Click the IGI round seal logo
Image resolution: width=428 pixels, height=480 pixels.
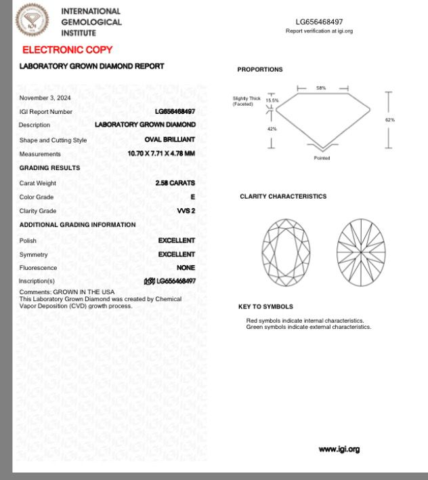click(33, 20)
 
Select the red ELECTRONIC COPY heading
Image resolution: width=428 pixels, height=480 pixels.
click(67, 49)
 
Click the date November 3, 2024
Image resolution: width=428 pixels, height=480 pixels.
click(45, 98)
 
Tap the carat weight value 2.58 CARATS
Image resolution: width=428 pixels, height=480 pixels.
click(175, 183)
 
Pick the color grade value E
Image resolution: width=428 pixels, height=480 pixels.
click(192, 197)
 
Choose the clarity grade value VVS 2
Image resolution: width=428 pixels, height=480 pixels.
click(186, 211)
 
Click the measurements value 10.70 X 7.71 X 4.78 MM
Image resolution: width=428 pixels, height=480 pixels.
click(161, 154)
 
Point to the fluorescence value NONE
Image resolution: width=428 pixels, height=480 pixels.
click(186, 268)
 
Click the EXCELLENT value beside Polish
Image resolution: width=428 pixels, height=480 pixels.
click(176, 241)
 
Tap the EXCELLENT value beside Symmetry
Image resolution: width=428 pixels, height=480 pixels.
click(176, 254)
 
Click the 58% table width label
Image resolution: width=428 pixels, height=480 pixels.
click(321, 88)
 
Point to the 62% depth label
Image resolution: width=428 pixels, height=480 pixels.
click(390, 120)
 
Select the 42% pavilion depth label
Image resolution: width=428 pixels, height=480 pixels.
click(272, 129)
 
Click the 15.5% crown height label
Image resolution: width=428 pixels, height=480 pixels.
click(272, 100)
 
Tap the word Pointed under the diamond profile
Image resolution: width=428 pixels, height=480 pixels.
click(322, 158)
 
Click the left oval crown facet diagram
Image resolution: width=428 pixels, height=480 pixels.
click(286, 252)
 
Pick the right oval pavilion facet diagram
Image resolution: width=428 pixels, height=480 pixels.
click(360, 252)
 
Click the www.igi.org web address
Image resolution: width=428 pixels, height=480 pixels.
click(339, 449)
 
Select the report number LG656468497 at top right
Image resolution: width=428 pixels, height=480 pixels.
click(319, 22)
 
